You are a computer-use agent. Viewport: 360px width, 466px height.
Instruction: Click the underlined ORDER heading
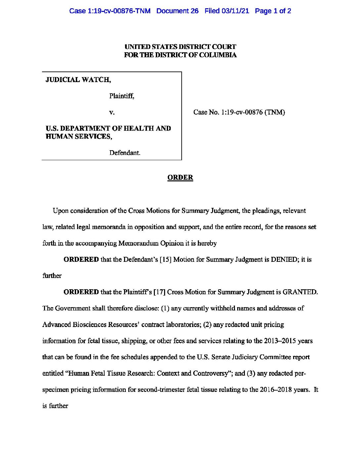tap(180, 177)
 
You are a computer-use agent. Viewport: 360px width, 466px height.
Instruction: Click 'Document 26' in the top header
tap(177, 11)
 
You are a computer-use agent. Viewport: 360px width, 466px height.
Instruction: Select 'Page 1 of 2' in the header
tap(273, 11)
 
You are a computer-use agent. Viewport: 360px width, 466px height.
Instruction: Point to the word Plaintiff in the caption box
tap(121, 96)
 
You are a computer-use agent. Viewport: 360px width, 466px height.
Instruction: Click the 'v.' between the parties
tap(112, 113)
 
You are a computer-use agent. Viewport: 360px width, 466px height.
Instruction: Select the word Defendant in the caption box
tap(124, 153)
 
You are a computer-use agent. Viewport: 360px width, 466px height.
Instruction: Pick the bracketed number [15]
tap(165, 259)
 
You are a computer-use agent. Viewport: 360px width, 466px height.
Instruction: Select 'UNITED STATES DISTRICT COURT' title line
tap(180, 47)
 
